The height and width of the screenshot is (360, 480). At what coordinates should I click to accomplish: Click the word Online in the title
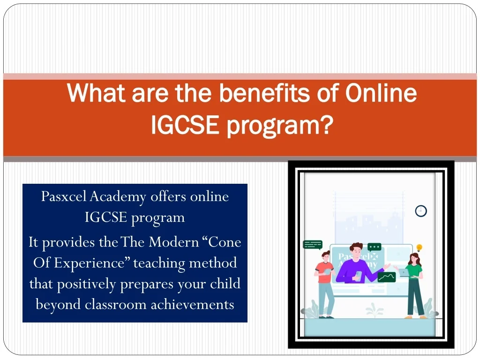(x=381, y=93)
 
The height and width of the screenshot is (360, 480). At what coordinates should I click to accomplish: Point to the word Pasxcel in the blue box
(x=64, y=196)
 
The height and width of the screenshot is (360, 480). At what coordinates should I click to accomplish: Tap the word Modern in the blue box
(x=174, y=242)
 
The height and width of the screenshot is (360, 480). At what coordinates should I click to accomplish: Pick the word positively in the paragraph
(x=86, y=284)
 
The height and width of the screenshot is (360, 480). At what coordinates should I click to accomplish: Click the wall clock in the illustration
(x=421, y=211)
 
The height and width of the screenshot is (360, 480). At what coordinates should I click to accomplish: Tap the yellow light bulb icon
(x=420, y=247)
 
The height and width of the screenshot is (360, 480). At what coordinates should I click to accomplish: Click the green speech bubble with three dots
(x=375, y=247)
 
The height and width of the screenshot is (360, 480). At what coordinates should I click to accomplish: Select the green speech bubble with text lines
(x=313, y=245)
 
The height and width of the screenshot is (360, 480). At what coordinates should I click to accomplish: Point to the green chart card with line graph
(x=387, y=277)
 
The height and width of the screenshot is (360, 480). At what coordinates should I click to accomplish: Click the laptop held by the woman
(x=404, y=272)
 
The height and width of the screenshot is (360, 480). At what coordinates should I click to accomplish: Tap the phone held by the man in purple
(x=359, y=275)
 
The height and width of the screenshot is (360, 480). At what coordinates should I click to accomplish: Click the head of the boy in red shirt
(x=325, y=256)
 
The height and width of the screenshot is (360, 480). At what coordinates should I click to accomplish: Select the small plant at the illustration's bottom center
(x=375, y=309)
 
